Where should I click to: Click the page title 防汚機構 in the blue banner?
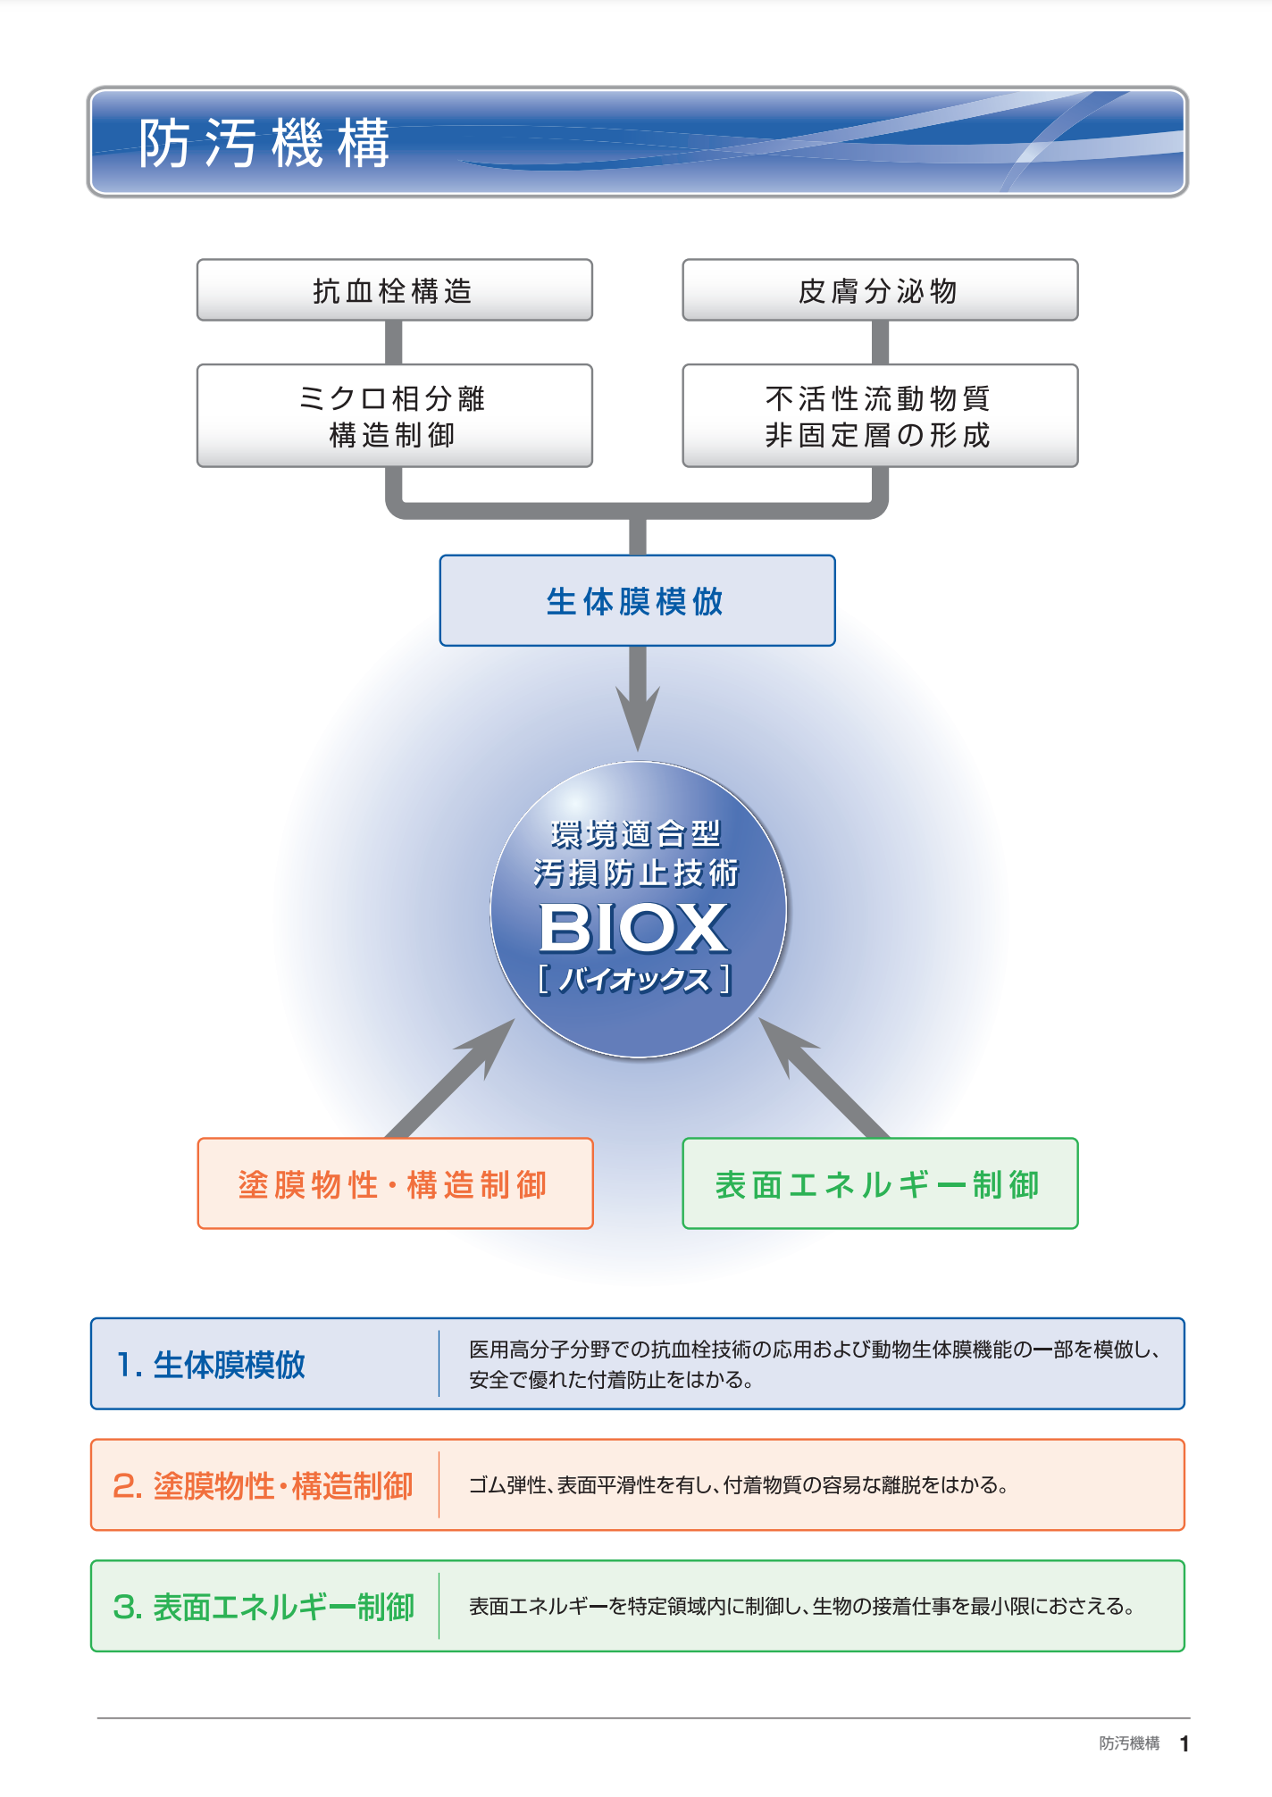[264, 143]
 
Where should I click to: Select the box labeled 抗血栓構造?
[394, 290]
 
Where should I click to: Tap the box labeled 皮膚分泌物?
[880, 290]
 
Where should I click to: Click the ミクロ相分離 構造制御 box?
[394, 416]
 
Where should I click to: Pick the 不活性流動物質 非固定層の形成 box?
[880, 416]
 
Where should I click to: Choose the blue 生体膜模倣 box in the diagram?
[637, 601]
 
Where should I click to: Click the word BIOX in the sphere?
[635, 929]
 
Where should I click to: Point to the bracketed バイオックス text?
[635, 980]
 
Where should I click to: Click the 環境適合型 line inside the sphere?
[635, 834]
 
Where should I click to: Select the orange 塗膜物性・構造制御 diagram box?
[395, 1184]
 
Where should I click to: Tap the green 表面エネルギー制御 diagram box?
[880, 1184]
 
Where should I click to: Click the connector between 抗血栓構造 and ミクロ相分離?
[394, 342]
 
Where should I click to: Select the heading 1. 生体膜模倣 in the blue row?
[212, 1365]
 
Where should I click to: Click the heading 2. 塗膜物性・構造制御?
[263, 1486]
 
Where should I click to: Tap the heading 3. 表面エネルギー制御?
[264, 1607]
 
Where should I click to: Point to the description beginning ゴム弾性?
[739, 1486]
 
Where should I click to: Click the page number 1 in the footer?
[1184, 1743]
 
